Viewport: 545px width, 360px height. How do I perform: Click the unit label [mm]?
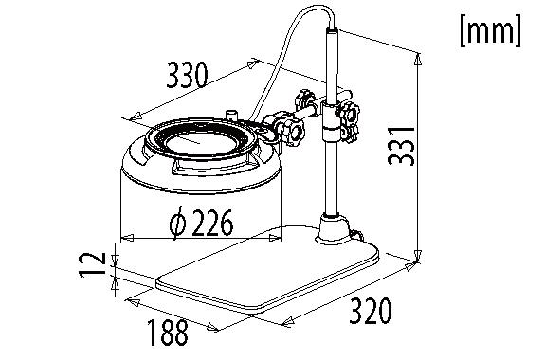click(489, 30)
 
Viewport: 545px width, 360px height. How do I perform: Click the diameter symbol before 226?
click(176, 225)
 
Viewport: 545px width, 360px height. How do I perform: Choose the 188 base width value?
click(167, 332)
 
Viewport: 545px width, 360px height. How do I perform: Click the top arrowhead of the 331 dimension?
click(417, 57)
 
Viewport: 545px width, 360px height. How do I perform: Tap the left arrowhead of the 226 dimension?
click(125, 234)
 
